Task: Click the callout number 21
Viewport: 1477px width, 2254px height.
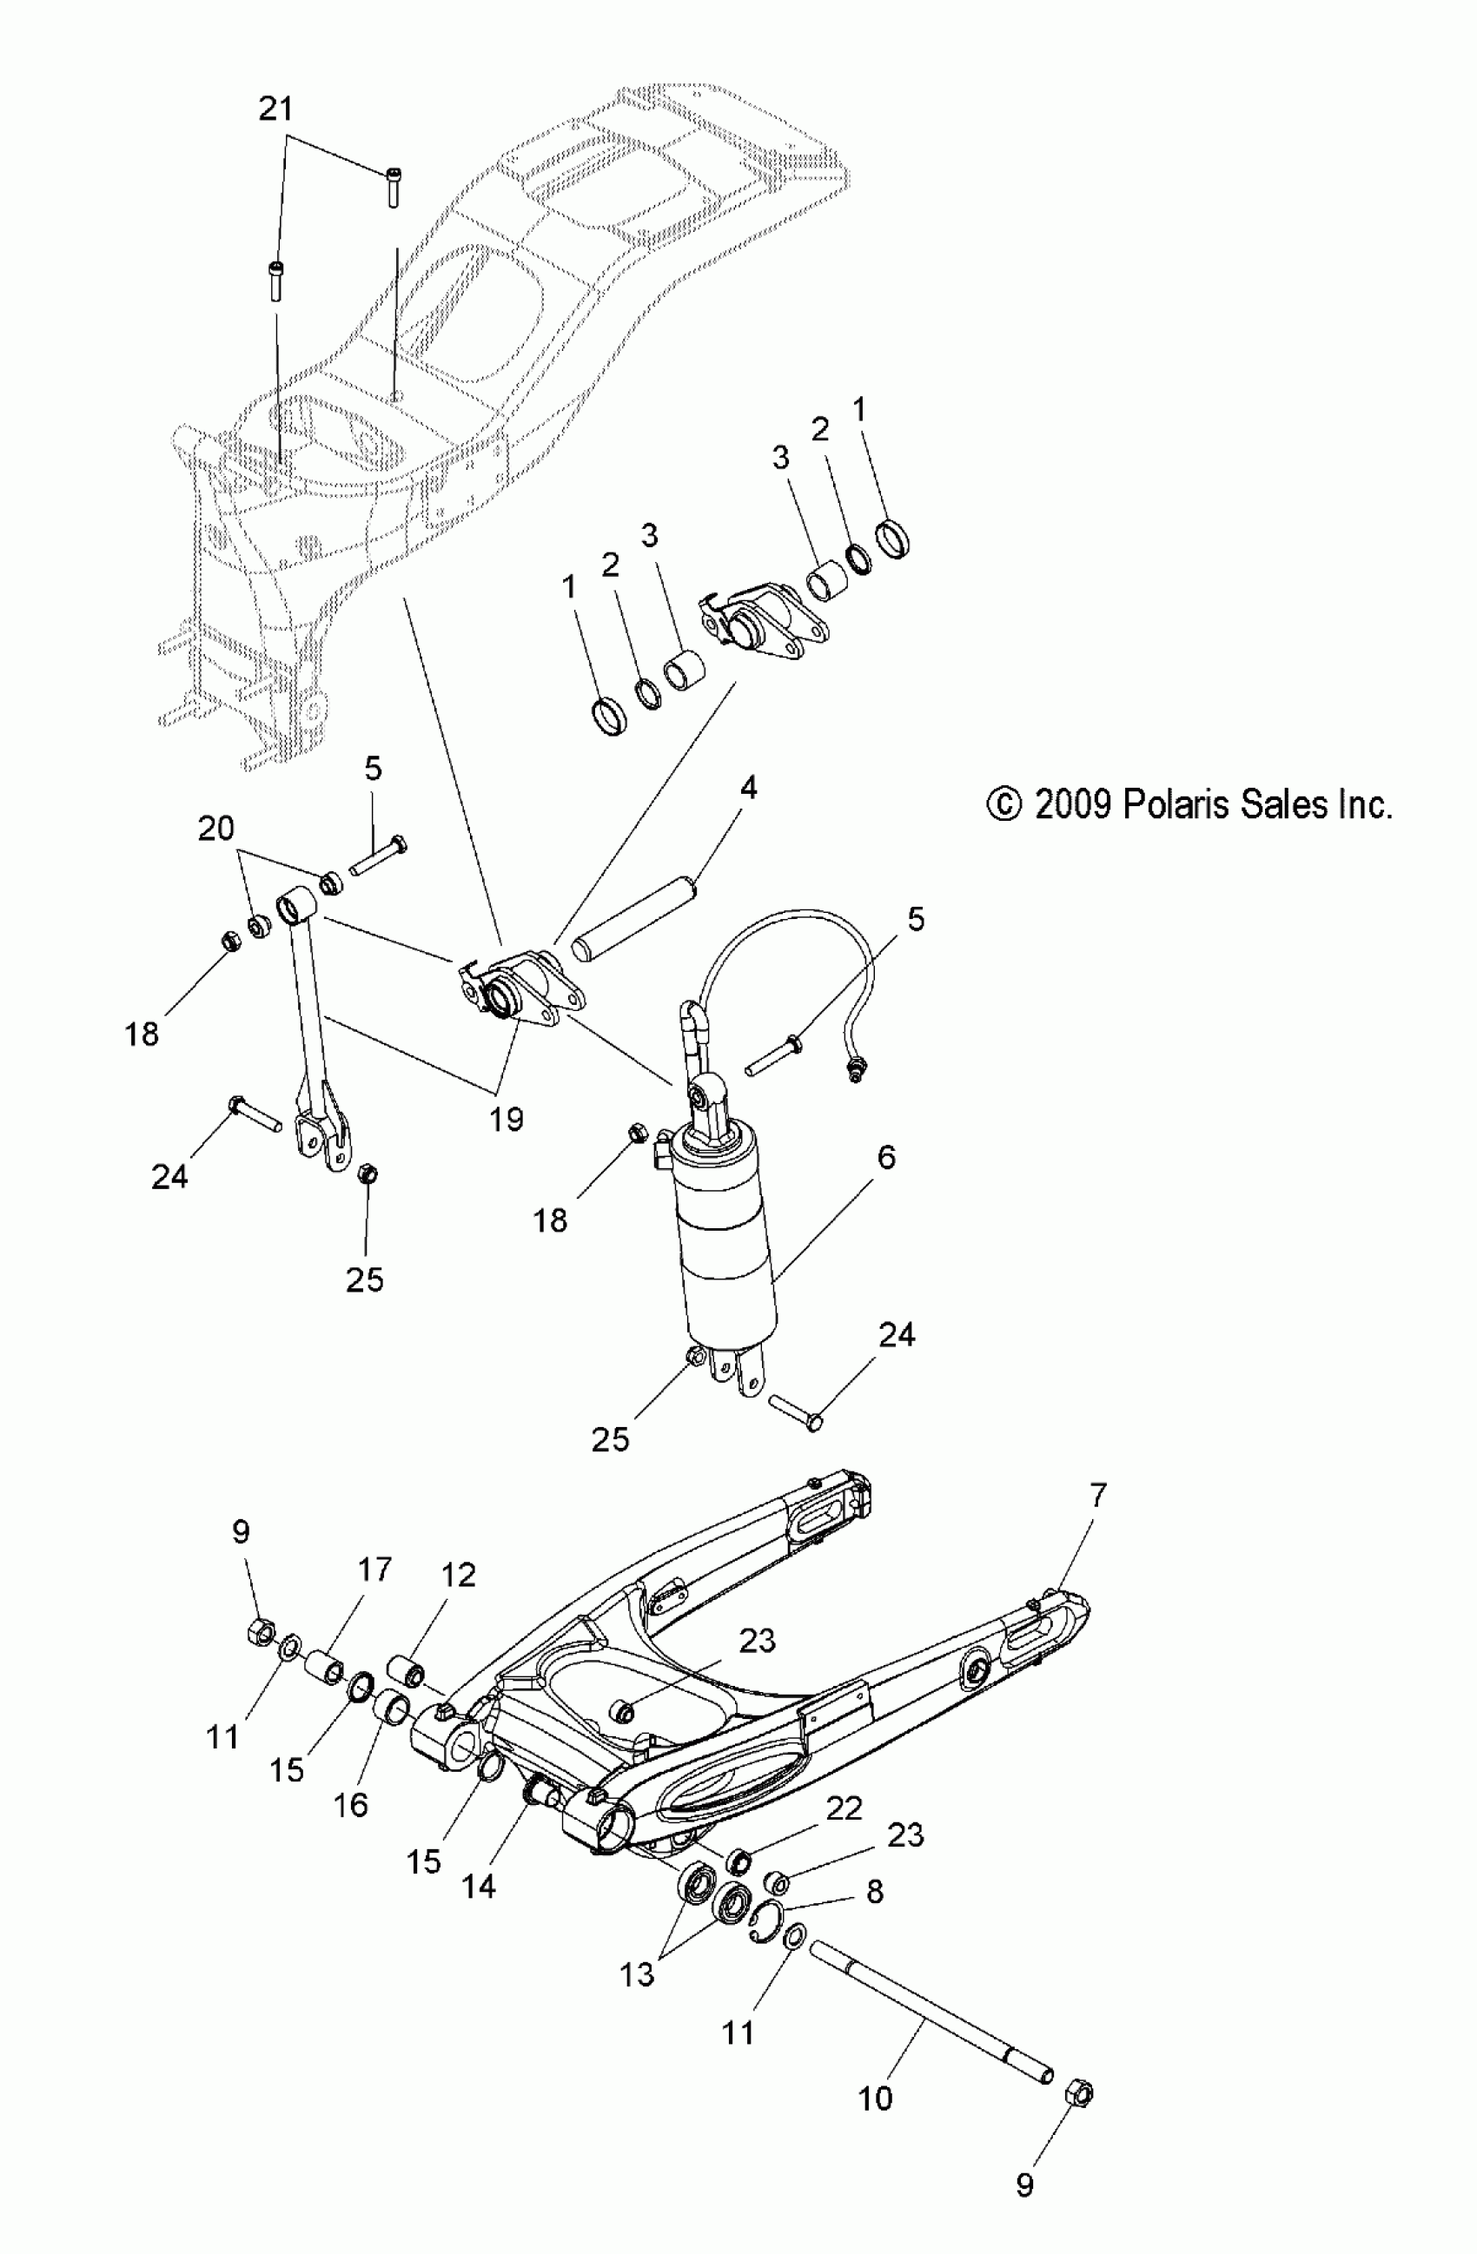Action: click(275, 109)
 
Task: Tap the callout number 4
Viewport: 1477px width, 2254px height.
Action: click(748, 787)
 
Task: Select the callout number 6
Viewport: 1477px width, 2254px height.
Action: click(887, 1156)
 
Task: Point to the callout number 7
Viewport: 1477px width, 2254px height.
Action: click(1097, 1496)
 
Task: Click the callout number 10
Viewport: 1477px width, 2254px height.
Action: click(876, 2098)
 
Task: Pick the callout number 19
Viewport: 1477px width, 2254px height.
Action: click(507, 1120)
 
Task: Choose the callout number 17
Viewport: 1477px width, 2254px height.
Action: click(374, 1570)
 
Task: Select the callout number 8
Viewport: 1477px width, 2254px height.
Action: click(874, 1891)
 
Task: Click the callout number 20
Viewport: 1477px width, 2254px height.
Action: click(216, 829)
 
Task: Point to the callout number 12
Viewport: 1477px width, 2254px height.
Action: click(458, 1575)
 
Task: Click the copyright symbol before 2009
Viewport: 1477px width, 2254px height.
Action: click(1003, 806)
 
